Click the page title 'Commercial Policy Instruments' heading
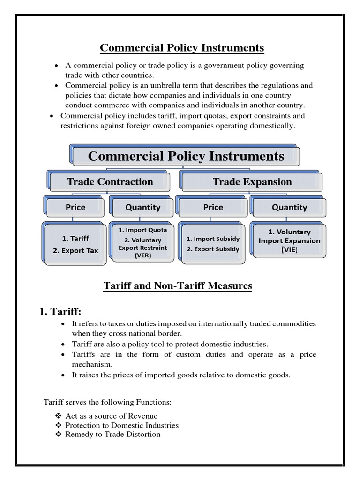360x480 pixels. [x=182, y=48]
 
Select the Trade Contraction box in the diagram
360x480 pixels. [x=110, y=182]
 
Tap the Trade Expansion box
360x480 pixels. [x=252, y=182]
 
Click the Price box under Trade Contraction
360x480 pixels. [x=76, y=207]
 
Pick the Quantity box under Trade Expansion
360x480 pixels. [x=289, y=207]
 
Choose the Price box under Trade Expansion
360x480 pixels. [x=213, y=207]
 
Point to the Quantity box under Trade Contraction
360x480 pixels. [x=143, y=207]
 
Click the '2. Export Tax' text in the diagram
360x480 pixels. [x=75, y=250]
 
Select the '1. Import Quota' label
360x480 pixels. [x=142, y=230]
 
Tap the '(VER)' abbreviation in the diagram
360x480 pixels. [x=142, y=256]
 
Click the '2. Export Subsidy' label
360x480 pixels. [x=213, y=249]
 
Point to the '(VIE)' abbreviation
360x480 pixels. [x=289, y=250]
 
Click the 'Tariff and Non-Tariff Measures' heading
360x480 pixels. [x=178, y=285]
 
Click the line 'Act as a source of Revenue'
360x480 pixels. [x=111, y=416]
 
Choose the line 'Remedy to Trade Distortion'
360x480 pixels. [x=112, y=434]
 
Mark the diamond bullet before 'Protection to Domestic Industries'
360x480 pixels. [x=59, y=425]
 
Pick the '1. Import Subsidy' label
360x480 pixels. [x=213, y=239]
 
